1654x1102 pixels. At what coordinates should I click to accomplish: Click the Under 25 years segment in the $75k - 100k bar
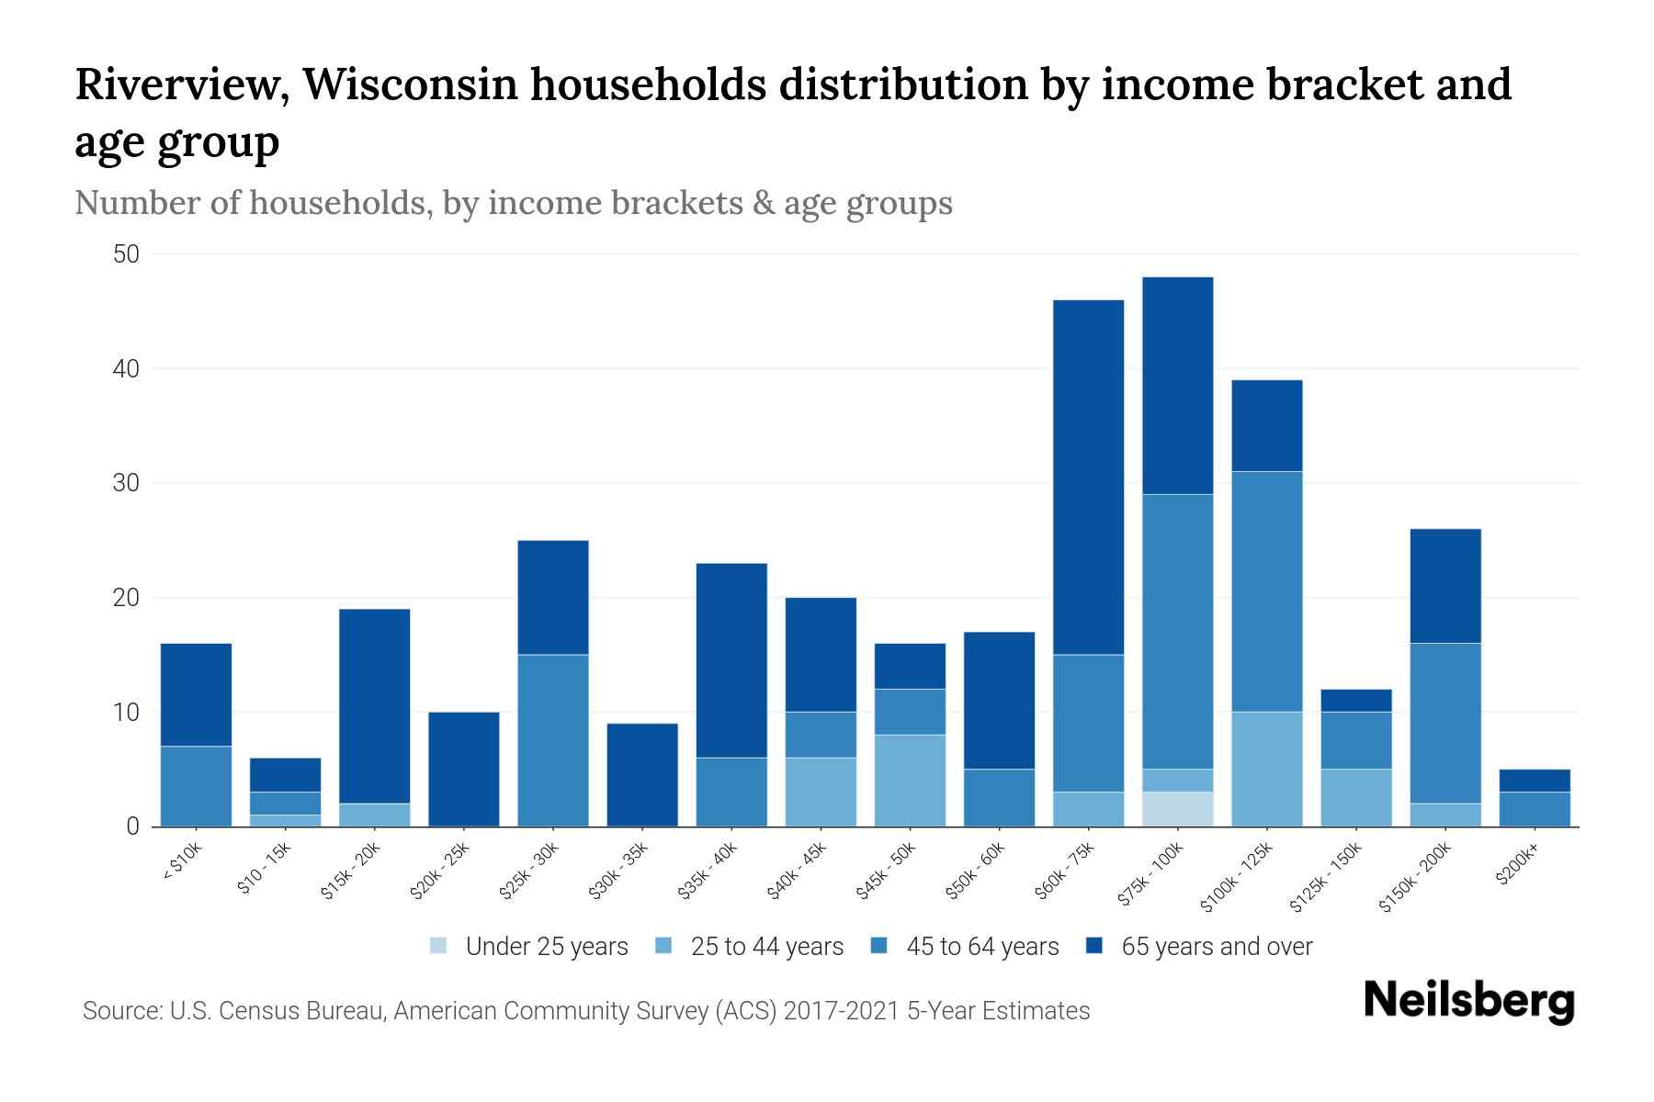pyautogui.click(x=1177, y=809)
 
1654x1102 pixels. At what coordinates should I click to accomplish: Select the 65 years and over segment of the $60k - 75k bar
pyautogui.click(x=1088, y=478)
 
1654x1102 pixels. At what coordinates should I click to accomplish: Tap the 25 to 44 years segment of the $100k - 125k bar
pyautogui.click(x=1266, y=769)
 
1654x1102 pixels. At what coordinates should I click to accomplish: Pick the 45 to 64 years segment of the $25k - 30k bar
pyautogui.click(x=553, y=740)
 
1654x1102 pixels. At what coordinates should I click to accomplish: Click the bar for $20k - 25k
pyautogui.click(x=464, y=769)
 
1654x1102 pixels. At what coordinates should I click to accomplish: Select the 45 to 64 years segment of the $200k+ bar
pyautogui.click(x=1535, y=809)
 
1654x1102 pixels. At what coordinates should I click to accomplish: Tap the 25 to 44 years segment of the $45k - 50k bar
pyautogui.click(x=910, y=781)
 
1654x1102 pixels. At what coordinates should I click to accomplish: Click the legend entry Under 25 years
pyautogui.click(x=529, y=947)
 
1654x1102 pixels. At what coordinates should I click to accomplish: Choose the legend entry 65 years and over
pyautogui.click(x=1199, y=947)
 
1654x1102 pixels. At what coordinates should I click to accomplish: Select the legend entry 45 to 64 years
pyautogui.click(x=965, y=947)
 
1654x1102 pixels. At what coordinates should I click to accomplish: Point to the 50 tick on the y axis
pyautogui.click(x=126, y=254)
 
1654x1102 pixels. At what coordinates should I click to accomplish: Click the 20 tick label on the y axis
pyautogui.click(x=126, y=598)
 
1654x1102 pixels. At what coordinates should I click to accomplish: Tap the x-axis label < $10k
pyautogui.click(x=182, y=862)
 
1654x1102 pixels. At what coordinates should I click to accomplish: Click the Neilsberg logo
pyautogui.click(x=1468, y=1001)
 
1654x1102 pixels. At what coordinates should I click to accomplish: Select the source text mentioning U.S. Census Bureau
pyautogui.click(x=586, y=1011)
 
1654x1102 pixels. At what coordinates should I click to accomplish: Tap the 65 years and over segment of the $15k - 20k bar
pyautogui.click(x=375, y=705)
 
